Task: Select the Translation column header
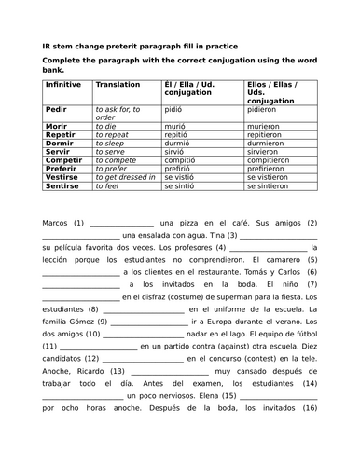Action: (x=118, y=84)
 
